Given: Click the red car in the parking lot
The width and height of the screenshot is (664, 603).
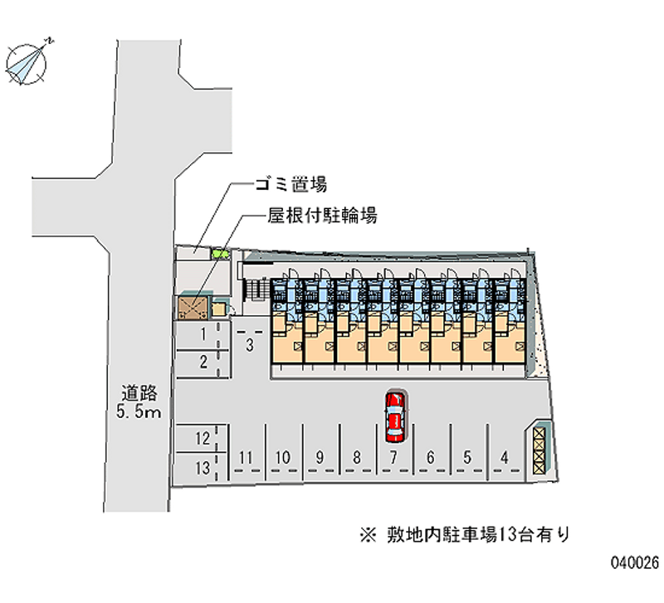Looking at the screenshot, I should click(x=394, y=416).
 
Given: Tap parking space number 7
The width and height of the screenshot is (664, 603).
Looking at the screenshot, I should click(x=394, y=456).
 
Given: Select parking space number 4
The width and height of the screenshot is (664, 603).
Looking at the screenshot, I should click(x=505, y=456).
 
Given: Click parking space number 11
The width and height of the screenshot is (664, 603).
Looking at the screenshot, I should click(x=246, y=456).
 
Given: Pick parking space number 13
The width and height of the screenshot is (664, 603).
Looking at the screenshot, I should click(x=202, y=468).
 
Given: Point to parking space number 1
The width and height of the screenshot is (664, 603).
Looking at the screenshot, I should click(x=203, y=334).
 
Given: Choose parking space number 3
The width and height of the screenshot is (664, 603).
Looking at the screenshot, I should click(x=249, y=344).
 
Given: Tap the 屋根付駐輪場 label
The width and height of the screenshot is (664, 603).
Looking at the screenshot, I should click(x=322, y=216).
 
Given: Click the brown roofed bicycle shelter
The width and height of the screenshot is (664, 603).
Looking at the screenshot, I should click(x=193, y=308).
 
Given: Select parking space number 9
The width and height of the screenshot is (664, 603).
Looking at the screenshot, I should click(x=320, y=456).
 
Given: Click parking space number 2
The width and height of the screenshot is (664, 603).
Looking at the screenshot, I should click(x=203, y=361).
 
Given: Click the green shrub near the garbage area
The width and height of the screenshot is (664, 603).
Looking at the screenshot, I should click(x=219, y=254).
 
